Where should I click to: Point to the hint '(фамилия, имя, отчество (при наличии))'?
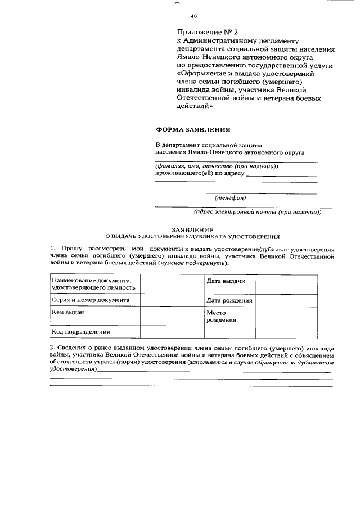(x=217, y=166)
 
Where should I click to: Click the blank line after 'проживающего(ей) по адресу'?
(x=281, y=174)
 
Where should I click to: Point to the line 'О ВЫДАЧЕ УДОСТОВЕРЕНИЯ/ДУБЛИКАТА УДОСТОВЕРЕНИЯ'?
(x=192, y=237)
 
